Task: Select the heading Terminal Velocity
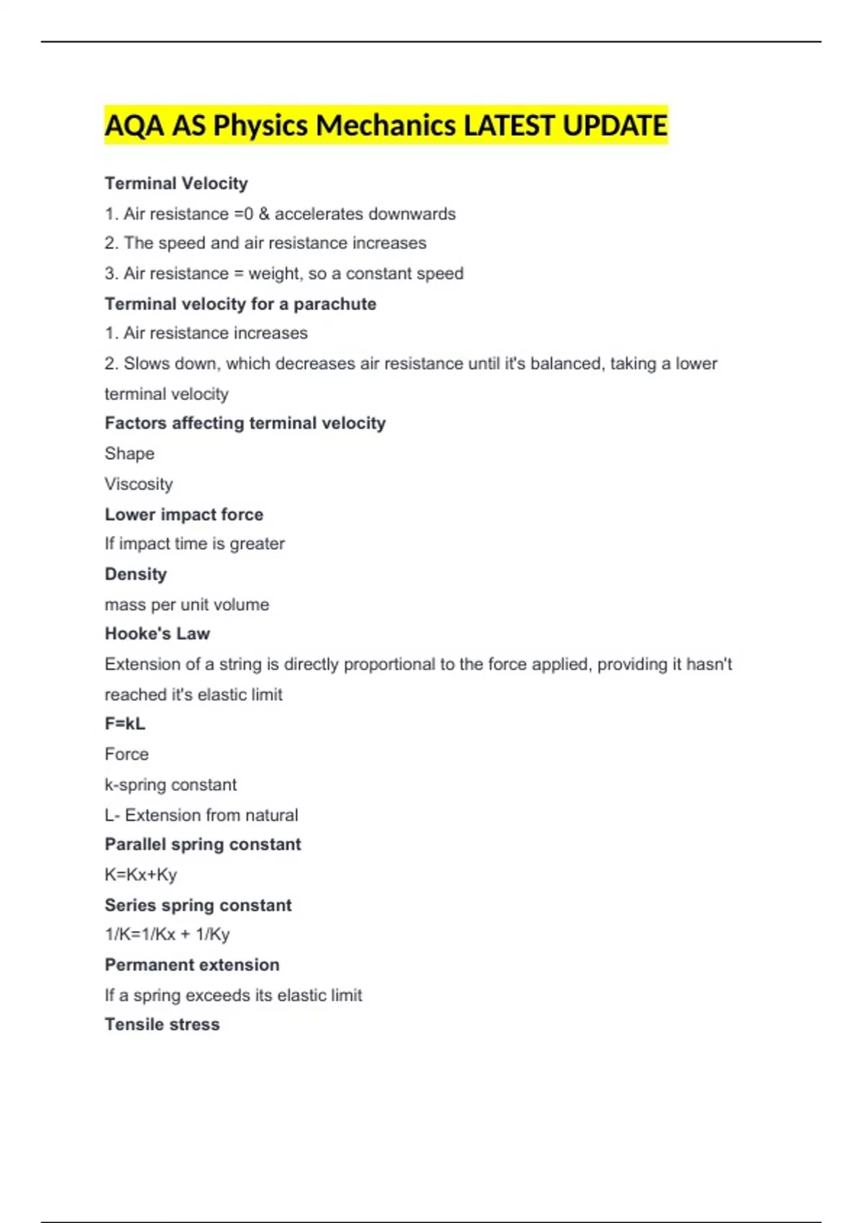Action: coord(176,183)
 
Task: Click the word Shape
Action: coord(129,453)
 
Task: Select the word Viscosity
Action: coord(139,483)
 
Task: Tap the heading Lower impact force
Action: coord(184,514)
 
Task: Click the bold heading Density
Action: coord(136,574)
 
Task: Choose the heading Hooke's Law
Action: coord(157,634)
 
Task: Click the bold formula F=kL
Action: coord(125,724)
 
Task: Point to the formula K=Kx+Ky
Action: coord(141,875)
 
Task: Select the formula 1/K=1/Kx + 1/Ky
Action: coord(168,935)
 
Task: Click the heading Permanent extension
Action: coord(192,965)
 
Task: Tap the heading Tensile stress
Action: coord(163,1024)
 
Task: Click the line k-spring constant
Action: coord(170,784)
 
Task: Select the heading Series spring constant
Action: coord(198,905)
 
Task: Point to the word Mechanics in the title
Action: coord(385,126)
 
